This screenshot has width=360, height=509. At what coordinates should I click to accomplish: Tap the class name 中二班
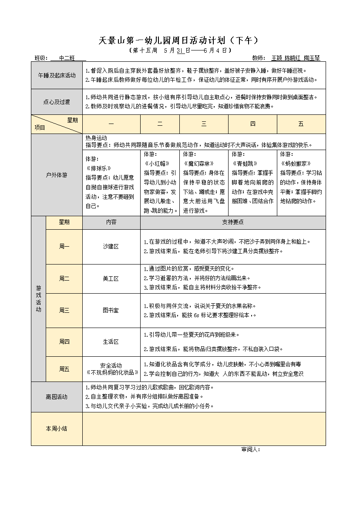67,58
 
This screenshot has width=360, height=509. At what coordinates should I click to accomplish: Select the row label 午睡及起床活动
57,75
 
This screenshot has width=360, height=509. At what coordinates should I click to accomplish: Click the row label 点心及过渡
57,102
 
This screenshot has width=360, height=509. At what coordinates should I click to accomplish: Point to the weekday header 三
204,124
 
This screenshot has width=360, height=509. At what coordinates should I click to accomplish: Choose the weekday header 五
301,124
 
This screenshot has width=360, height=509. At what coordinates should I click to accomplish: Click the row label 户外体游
57,175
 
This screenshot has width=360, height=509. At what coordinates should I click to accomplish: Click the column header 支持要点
233,222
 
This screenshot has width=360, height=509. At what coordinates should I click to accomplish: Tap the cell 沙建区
111,247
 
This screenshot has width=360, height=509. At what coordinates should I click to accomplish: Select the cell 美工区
111,279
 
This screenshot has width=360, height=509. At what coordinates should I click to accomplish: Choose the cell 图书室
111,310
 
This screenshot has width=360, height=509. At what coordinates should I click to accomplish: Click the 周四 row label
64,342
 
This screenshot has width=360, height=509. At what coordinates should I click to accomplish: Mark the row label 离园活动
57,397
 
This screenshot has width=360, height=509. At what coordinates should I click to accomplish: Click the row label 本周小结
57,429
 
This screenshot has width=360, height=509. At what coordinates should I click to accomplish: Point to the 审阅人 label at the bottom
250,449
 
